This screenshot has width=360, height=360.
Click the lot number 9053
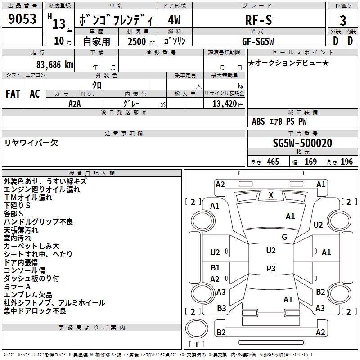pos(22,19)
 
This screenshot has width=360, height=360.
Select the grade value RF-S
pos(259,19)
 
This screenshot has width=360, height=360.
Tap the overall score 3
pos(343,20)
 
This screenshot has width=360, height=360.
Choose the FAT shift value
pos(13,94)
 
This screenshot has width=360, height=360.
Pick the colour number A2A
pos(75,103)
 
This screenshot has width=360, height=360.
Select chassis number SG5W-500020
pos(302,143)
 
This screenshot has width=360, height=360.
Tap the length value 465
pos(272,162)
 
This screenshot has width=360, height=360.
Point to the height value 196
pos(346,162)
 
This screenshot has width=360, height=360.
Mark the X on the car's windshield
pos(271,195)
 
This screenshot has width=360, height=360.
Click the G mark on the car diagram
pos(284,237)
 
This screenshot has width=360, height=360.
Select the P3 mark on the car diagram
pos(271,268)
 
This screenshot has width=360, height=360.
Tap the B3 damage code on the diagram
pos(221,308)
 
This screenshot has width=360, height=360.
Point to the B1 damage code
pos(215,268)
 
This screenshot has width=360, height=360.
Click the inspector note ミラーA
pos(17,287)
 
